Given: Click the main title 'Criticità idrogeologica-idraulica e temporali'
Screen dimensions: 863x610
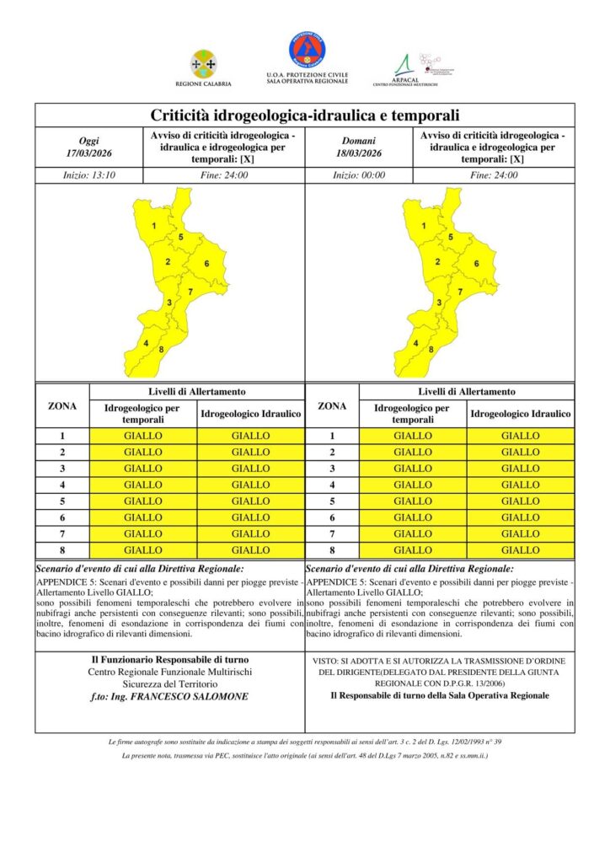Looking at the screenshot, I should point(304,115).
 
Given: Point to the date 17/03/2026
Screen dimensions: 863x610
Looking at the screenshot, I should point(88,153).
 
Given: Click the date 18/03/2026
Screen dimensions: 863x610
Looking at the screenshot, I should point(359,153).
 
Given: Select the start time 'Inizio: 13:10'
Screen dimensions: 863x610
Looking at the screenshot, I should point(88,175).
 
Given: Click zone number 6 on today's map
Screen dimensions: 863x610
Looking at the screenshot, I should point(206,264).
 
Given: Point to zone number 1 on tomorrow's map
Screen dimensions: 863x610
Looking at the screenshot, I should point(424,227).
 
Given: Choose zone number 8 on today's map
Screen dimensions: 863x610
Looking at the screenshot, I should point(160,349).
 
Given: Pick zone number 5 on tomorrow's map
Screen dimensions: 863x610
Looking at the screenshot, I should point(451,238).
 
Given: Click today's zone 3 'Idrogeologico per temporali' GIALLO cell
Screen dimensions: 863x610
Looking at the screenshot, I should point(143,469).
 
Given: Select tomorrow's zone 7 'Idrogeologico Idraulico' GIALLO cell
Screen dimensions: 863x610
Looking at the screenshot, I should point(520,533).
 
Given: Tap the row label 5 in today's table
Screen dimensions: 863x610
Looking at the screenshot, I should point(62,501).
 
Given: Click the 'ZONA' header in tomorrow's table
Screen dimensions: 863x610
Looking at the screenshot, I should point(333,406).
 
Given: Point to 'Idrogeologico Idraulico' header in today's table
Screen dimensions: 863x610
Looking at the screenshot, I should point(250,414).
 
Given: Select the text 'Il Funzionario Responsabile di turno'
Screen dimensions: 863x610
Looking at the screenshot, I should point(170,659).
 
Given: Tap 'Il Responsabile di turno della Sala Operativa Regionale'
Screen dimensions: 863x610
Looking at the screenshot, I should point(440,695).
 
